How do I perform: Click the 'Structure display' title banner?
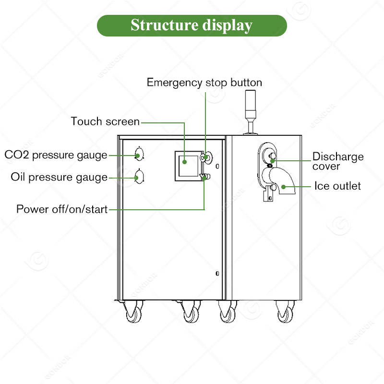pyautogui.click(x=192, y=25)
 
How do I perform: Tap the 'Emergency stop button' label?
pyautogui.click(x=204, y=82)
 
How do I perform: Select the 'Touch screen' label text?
pyautogui.click(x=105, y=121)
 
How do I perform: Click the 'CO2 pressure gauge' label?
pyautogui.click(x=56, y=155)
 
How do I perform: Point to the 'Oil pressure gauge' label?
pyautogui.click(x=59, y=177)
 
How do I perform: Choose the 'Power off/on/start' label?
pyautogui.click(x=62, y=209)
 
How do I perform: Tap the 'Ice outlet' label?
pyautogui.click(x=337, y=185)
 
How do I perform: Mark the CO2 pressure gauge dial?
pyautogui.click(x=138, y=155)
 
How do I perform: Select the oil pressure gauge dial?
pyautogui.click(x=138, y=177)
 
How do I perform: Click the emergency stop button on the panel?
pyautogui.click(x=206, y=156)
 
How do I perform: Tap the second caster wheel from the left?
pyautogui.click(x=191, y=313)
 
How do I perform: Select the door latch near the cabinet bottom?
pyautogui.click(x=217, y=273)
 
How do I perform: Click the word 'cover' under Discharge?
pyautogui.click(x=326, y=167)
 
